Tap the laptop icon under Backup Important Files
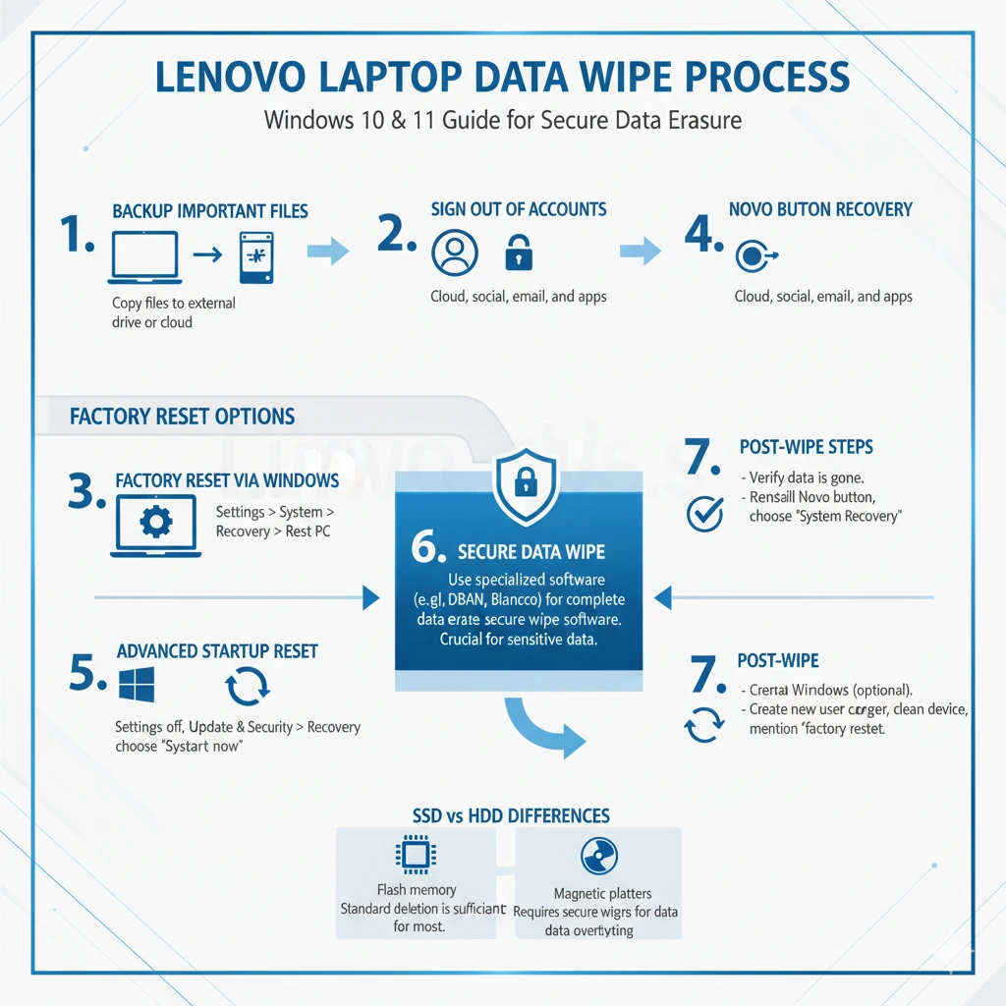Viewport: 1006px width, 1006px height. [145, 255]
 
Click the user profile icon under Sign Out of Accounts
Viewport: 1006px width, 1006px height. [454, 252]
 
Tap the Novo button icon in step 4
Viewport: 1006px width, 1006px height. [753, 256]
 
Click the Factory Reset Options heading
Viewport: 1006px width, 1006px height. [183, 416]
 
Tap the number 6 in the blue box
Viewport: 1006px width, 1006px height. [429, 549]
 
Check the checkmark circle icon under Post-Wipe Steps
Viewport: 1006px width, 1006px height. [703, 512]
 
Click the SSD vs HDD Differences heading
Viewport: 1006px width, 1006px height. [510, 815]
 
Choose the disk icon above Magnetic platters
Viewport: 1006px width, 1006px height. [598, 857]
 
